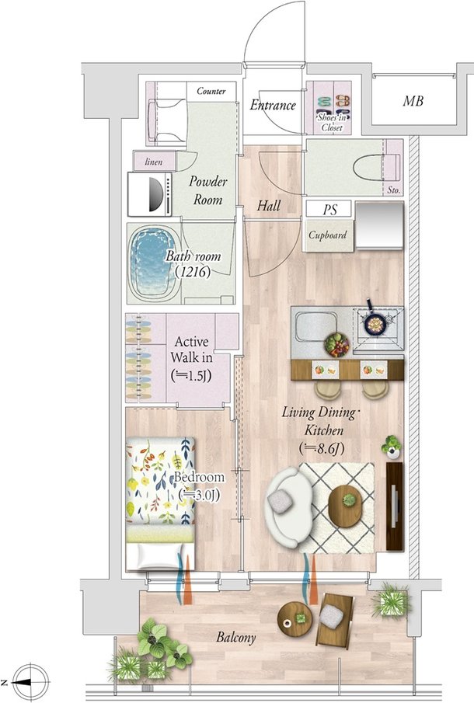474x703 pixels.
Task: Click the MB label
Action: (x=413, y=101)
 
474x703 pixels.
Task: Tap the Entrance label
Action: (x=273, y=105)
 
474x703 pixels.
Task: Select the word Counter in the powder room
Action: (x=211, y=91)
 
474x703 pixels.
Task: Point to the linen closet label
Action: (x=153, y=162)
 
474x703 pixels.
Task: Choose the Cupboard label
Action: (x=327, y=235)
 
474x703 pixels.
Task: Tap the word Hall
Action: (x=269, y=206)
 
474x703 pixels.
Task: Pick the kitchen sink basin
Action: (x=316, y=326)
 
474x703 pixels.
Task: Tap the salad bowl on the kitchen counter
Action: (x=336, y=345)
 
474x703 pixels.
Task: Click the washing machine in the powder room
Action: (x=150, y=194)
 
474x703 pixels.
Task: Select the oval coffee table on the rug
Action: (x=345, y=506)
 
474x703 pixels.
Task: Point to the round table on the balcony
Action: (x=295, y=618)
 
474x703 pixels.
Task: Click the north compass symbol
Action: (x=30, y=682)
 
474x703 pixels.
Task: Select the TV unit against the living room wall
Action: (x=395, y=506)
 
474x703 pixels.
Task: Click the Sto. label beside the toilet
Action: (x=393, y=190)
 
